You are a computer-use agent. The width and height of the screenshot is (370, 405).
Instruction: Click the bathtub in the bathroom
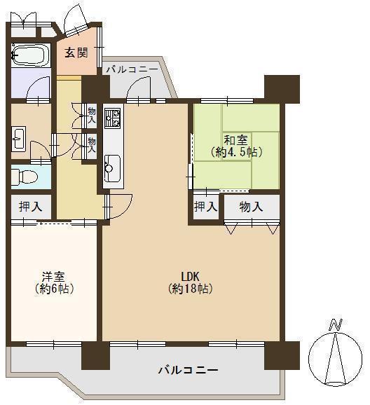pos(31,55)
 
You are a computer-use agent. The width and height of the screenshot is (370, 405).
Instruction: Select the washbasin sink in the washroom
pos(19,137)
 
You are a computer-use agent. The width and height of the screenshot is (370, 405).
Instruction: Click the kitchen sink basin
pos(112,168)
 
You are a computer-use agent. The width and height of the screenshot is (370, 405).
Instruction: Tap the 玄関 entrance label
pos(76,53)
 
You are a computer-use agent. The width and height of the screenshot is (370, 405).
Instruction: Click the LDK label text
pos(190,276)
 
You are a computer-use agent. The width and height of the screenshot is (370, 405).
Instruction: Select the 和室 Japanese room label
pos(235,141)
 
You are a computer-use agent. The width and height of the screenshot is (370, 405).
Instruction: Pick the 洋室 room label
pos(53,276)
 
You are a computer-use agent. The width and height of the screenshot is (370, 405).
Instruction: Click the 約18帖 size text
pos(191,289)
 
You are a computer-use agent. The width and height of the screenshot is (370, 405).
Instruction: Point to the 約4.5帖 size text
pos(237,152)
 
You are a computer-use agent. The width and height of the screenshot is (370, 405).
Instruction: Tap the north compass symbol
pos(336,359)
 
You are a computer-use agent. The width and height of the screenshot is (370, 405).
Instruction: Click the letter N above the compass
pos(336,324)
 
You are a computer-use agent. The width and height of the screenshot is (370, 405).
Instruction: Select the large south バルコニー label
pos(188,371)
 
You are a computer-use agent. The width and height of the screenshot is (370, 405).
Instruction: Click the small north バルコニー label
pos(132,69)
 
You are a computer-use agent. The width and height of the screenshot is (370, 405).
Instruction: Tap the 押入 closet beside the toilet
pos(31,207)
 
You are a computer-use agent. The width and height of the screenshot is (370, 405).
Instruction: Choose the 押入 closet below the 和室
pos(205,207)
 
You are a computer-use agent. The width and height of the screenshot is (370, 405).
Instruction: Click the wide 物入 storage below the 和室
pos(252,207)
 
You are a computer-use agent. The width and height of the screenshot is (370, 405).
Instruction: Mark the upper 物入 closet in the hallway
pos(92,116)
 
